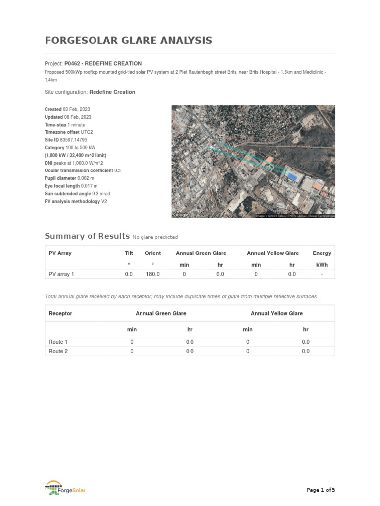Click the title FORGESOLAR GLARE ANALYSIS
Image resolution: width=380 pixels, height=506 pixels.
[x=128, y=41]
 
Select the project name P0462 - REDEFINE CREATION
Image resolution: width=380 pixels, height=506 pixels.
[x=103, y=64]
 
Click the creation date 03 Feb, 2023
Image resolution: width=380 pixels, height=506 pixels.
[x=77, y=109]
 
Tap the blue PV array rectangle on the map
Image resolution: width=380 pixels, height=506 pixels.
[x=292, y=176]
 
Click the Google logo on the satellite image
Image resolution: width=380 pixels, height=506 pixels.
[x=180, y=215]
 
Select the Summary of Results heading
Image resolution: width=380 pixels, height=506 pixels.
[x=87, y=236]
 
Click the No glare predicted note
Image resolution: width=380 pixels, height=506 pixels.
[x=155, y=237]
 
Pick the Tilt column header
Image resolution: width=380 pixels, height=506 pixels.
[x=129, y=253]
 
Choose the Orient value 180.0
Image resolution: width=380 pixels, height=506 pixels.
[x=152, y=274]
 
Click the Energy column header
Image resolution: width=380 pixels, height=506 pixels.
[x=322, y=253]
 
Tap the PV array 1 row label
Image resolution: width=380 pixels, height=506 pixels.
[x=62, y=274]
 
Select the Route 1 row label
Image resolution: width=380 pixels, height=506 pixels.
[x=58, y=342]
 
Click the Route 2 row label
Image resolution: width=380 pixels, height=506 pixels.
[x=58, y=351]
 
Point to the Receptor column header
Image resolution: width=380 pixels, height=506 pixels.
[x=60, y=313]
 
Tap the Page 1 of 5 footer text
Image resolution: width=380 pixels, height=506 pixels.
[x=321, y=490]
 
